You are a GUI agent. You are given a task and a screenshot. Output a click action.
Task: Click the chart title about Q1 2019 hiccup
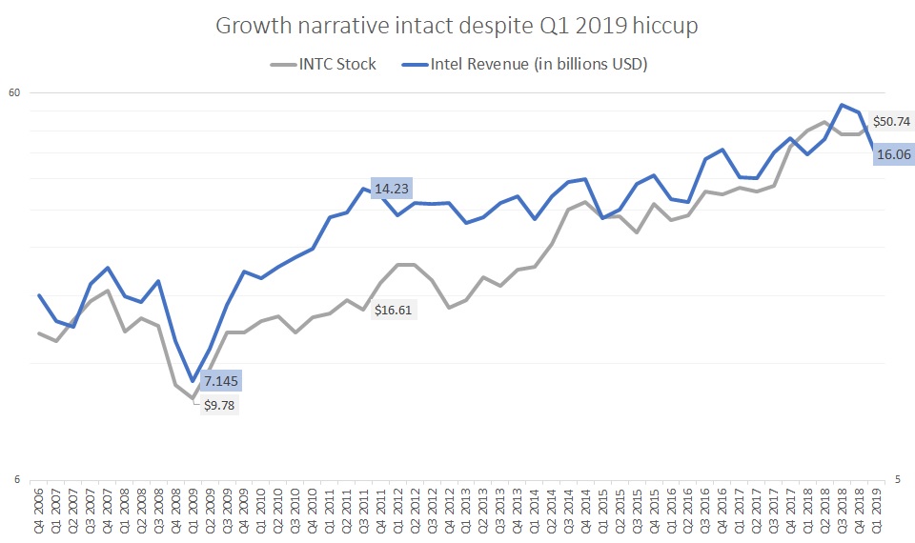[457, 26]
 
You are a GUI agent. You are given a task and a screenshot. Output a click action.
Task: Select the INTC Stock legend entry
[323, 64]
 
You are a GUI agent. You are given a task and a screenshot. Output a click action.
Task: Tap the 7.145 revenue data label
[221, 381]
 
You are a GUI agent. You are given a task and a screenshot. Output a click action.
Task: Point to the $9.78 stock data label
[219, 405]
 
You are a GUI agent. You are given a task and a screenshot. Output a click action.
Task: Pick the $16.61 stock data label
[393, 310]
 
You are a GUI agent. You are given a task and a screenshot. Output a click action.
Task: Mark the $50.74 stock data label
[893, 122]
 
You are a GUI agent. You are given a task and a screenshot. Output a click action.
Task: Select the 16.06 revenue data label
[894, 153]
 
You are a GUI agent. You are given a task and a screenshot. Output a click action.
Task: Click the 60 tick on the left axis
[14, 92]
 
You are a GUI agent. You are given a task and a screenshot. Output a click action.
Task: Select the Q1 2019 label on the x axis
[877, 507]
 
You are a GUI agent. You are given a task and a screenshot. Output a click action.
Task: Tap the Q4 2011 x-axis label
[381, 507]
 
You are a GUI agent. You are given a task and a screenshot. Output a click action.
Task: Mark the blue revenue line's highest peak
[843, 105]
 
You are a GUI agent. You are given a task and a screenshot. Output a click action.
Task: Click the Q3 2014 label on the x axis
[568, 507]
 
